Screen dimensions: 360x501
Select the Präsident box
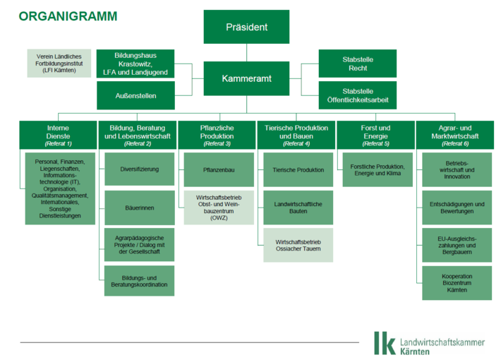[246, 27]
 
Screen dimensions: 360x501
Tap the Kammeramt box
[246, 78]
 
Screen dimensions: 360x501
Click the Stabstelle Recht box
[358, 64]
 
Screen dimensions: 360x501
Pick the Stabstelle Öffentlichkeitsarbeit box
[358, 96]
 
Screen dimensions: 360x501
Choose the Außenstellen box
[135, 95]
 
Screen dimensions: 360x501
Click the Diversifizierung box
[139, 169]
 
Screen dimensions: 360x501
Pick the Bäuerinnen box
[139, 208]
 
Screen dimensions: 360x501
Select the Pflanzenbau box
[219, 169]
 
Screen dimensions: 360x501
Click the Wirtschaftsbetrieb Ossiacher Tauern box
[298, 245]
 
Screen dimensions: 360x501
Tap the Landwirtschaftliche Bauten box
[298, 208]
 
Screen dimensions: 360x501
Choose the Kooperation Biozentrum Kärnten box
[457, 282]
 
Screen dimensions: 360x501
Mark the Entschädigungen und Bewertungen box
[457, 208]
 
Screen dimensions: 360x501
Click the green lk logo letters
[385, 342]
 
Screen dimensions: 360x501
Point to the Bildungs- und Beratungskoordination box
[139, 280]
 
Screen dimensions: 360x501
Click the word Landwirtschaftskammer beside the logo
[442, 341]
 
